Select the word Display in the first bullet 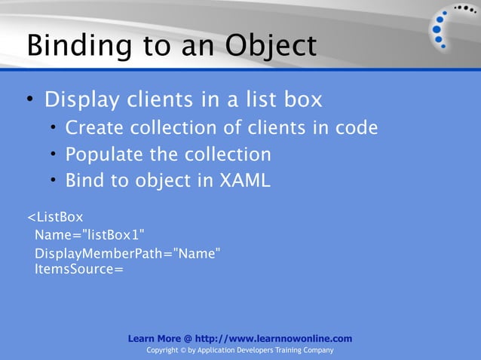[82, 99]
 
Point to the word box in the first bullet [301, 99]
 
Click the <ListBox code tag [55, 218]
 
